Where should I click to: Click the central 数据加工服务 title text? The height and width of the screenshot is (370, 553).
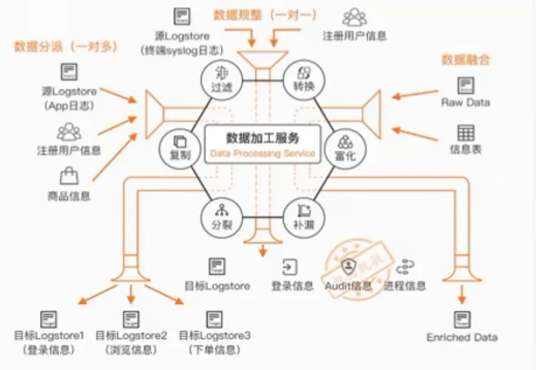[263, 138]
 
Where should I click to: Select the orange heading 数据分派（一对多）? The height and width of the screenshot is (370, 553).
[66, 47]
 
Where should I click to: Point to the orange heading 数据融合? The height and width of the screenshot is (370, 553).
[466, 59]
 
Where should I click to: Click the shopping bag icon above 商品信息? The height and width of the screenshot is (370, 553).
[69, 177]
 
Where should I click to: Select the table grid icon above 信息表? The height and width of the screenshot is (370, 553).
[466, 133]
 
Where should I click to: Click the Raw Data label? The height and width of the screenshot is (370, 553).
[465, 102]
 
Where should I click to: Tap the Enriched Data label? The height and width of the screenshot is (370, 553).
[462, 337]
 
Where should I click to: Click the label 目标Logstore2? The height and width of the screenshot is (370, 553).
[131, 336]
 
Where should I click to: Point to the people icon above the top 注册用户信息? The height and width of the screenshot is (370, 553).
[354, 17]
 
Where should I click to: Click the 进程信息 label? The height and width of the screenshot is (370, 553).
[405, 286]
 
